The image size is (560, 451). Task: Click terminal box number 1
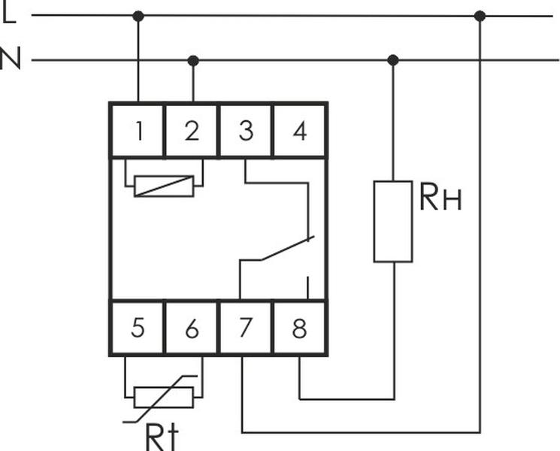click(x=138, y=131)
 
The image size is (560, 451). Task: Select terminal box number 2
click(x=192, y=131)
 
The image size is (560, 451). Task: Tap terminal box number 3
click(x=246, y=131)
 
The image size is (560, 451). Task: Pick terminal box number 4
click(x=300, y=131)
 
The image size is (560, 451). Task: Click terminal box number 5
click(x=138, y=328)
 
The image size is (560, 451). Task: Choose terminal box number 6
click(x=192, y=328)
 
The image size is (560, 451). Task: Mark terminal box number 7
click(x=246, y=328)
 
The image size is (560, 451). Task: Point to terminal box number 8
click(x=300, y=328)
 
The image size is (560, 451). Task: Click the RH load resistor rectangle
click(x=393, y=221)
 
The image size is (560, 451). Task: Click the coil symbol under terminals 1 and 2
click(x=163, y=186)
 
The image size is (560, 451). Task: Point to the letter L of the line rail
click(x=9, y=14)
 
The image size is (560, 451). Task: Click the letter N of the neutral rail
click(x=11, y=59)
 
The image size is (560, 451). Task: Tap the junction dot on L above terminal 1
click(x=138, y=15)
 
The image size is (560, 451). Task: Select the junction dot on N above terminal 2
click(x=193, y=60)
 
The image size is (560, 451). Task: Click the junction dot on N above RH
click(x=392, y=60)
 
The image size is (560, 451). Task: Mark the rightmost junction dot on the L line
click(x=480, y=16)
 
